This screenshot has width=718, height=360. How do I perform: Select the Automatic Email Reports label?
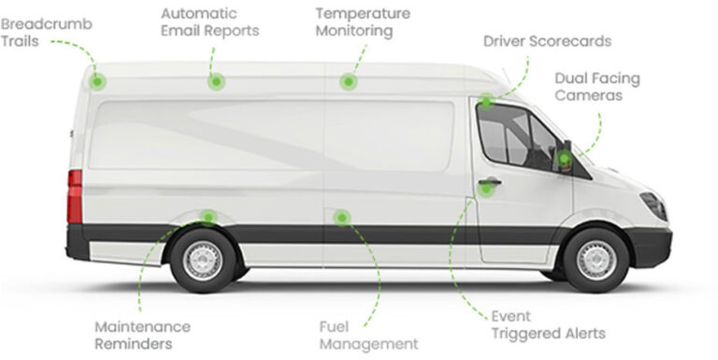pyautogui.click(x=209, y=22)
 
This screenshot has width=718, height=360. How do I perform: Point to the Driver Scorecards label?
pyautogui.click(x=547, y=41)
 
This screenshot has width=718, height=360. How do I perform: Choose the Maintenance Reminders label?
pyautogui.click(x=142, y=335)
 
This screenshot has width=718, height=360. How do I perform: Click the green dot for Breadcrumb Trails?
pyautogui.click(x=97, y=81)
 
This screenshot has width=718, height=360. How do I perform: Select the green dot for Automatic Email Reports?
pyautogui.click(x=216, y=81)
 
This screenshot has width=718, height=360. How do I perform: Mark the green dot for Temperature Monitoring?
pyautogui.click(x=349, y=81)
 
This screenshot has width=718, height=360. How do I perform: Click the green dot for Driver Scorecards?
pyautogui.click(x=486, y=101)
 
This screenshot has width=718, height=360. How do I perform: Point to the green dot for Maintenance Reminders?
pyautogui.click(x=208, y=217)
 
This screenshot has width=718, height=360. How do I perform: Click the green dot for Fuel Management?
pyautogui.click(x=342, y=217)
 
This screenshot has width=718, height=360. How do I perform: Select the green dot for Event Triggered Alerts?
pyautogui.click(x=485, y=188)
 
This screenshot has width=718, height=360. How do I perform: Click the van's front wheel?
pyautogui.click(x=596, y=260)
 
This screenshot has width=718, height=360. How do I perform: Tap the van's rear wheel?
pyautogui.click(x=203, y=260)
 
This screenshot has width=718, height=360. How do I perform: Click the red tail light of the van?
pyautogui.click(x=75, y=196)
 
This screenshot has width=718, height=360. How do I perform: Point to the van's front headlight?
pyautogui.click(x=654, y=205)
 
